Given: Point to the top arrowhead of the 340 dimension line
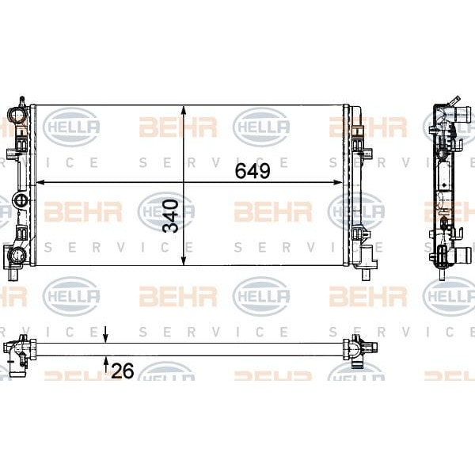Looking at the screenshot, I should click(x=184, y=110).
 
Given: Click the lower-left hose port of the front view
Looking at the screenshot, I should click(x=17, y=254).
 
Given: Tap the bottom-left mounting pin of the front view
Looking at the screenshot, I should click(x=15, y=274).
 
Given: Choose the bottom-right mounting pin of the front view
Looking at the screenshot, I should click(x=367, y=273).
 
